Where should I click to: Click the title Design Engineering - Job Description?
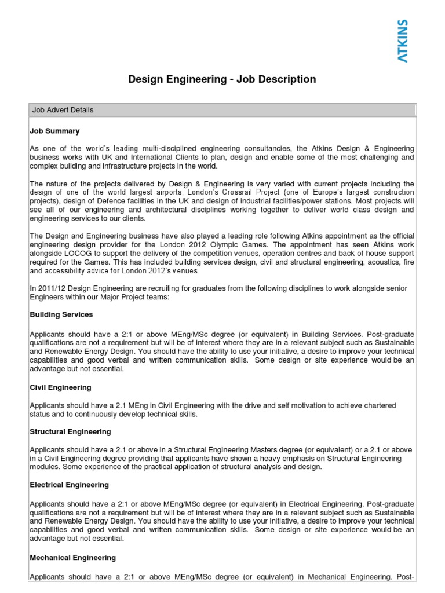222,79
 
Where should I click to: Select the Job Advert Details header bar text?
63,110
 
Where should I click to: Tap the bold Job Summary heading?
54,131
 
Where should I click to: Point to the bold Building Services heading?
61,314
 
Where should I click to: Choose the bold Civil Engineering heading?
60,387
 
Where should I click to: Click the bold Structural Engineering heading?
70,432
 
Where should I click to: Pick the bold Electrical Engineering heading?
69,485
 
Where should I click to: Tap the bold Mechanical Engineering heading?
72,558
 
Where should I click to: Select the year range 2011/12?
52,288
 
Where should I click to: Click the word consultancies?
263,148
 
